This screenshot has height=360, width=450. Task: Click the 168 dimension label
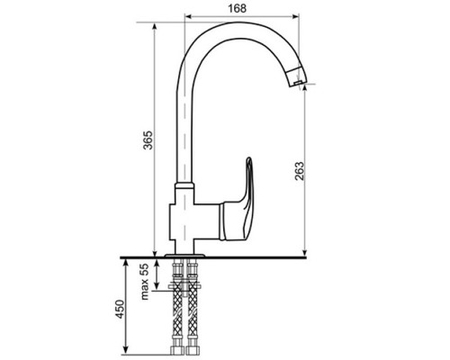(237, 8)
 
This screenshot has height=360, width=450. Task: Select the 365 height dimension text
(148, 140)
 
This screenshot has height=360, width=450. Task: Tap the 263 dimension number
(299, 171)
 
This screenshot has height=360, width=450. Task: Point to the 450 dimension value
(120, 309)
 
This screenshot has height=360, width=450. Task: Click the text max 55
(145, 282)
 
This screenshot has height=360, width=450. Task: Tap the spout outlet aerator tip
(298, 77)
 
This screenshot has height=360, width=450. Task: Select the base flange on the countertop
(184, 256)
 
